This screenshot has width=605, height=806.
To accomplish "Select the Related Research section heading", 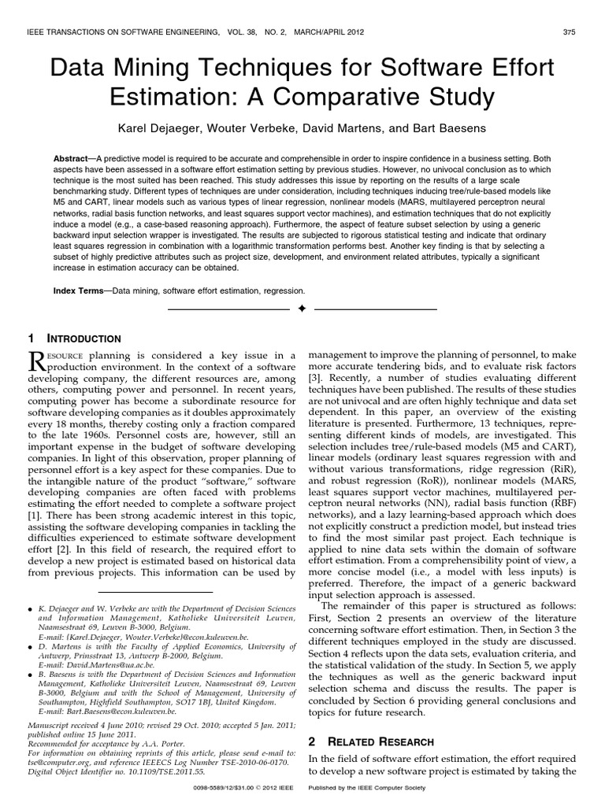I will pos(377,741).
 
